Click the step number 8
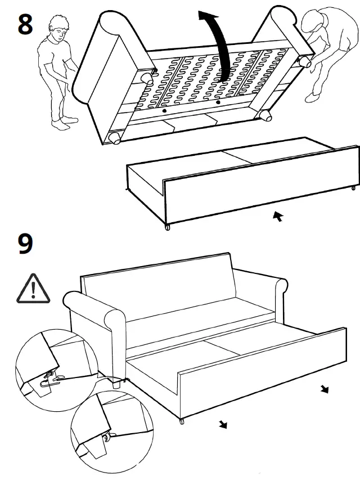(26, 25)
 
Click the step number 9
(26, 244)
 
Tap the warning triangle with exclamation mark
(33, 289)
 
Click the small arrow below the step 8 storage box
(277, 216)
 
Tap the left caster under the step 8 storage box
(167, 227)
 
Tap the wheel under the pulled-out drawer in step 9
(181, 421)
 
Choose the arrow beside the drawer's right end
(325, 389)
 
